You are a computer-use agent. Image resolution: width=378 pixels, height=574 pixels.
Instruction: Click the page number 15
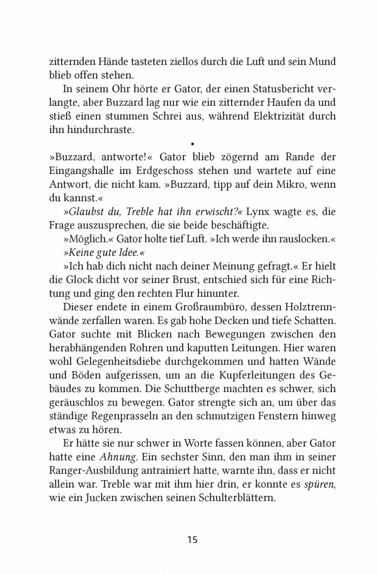pos(192,539)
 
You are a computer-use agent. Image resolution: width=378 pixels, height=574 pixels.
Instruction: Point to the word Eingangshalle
pos(81,170)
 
